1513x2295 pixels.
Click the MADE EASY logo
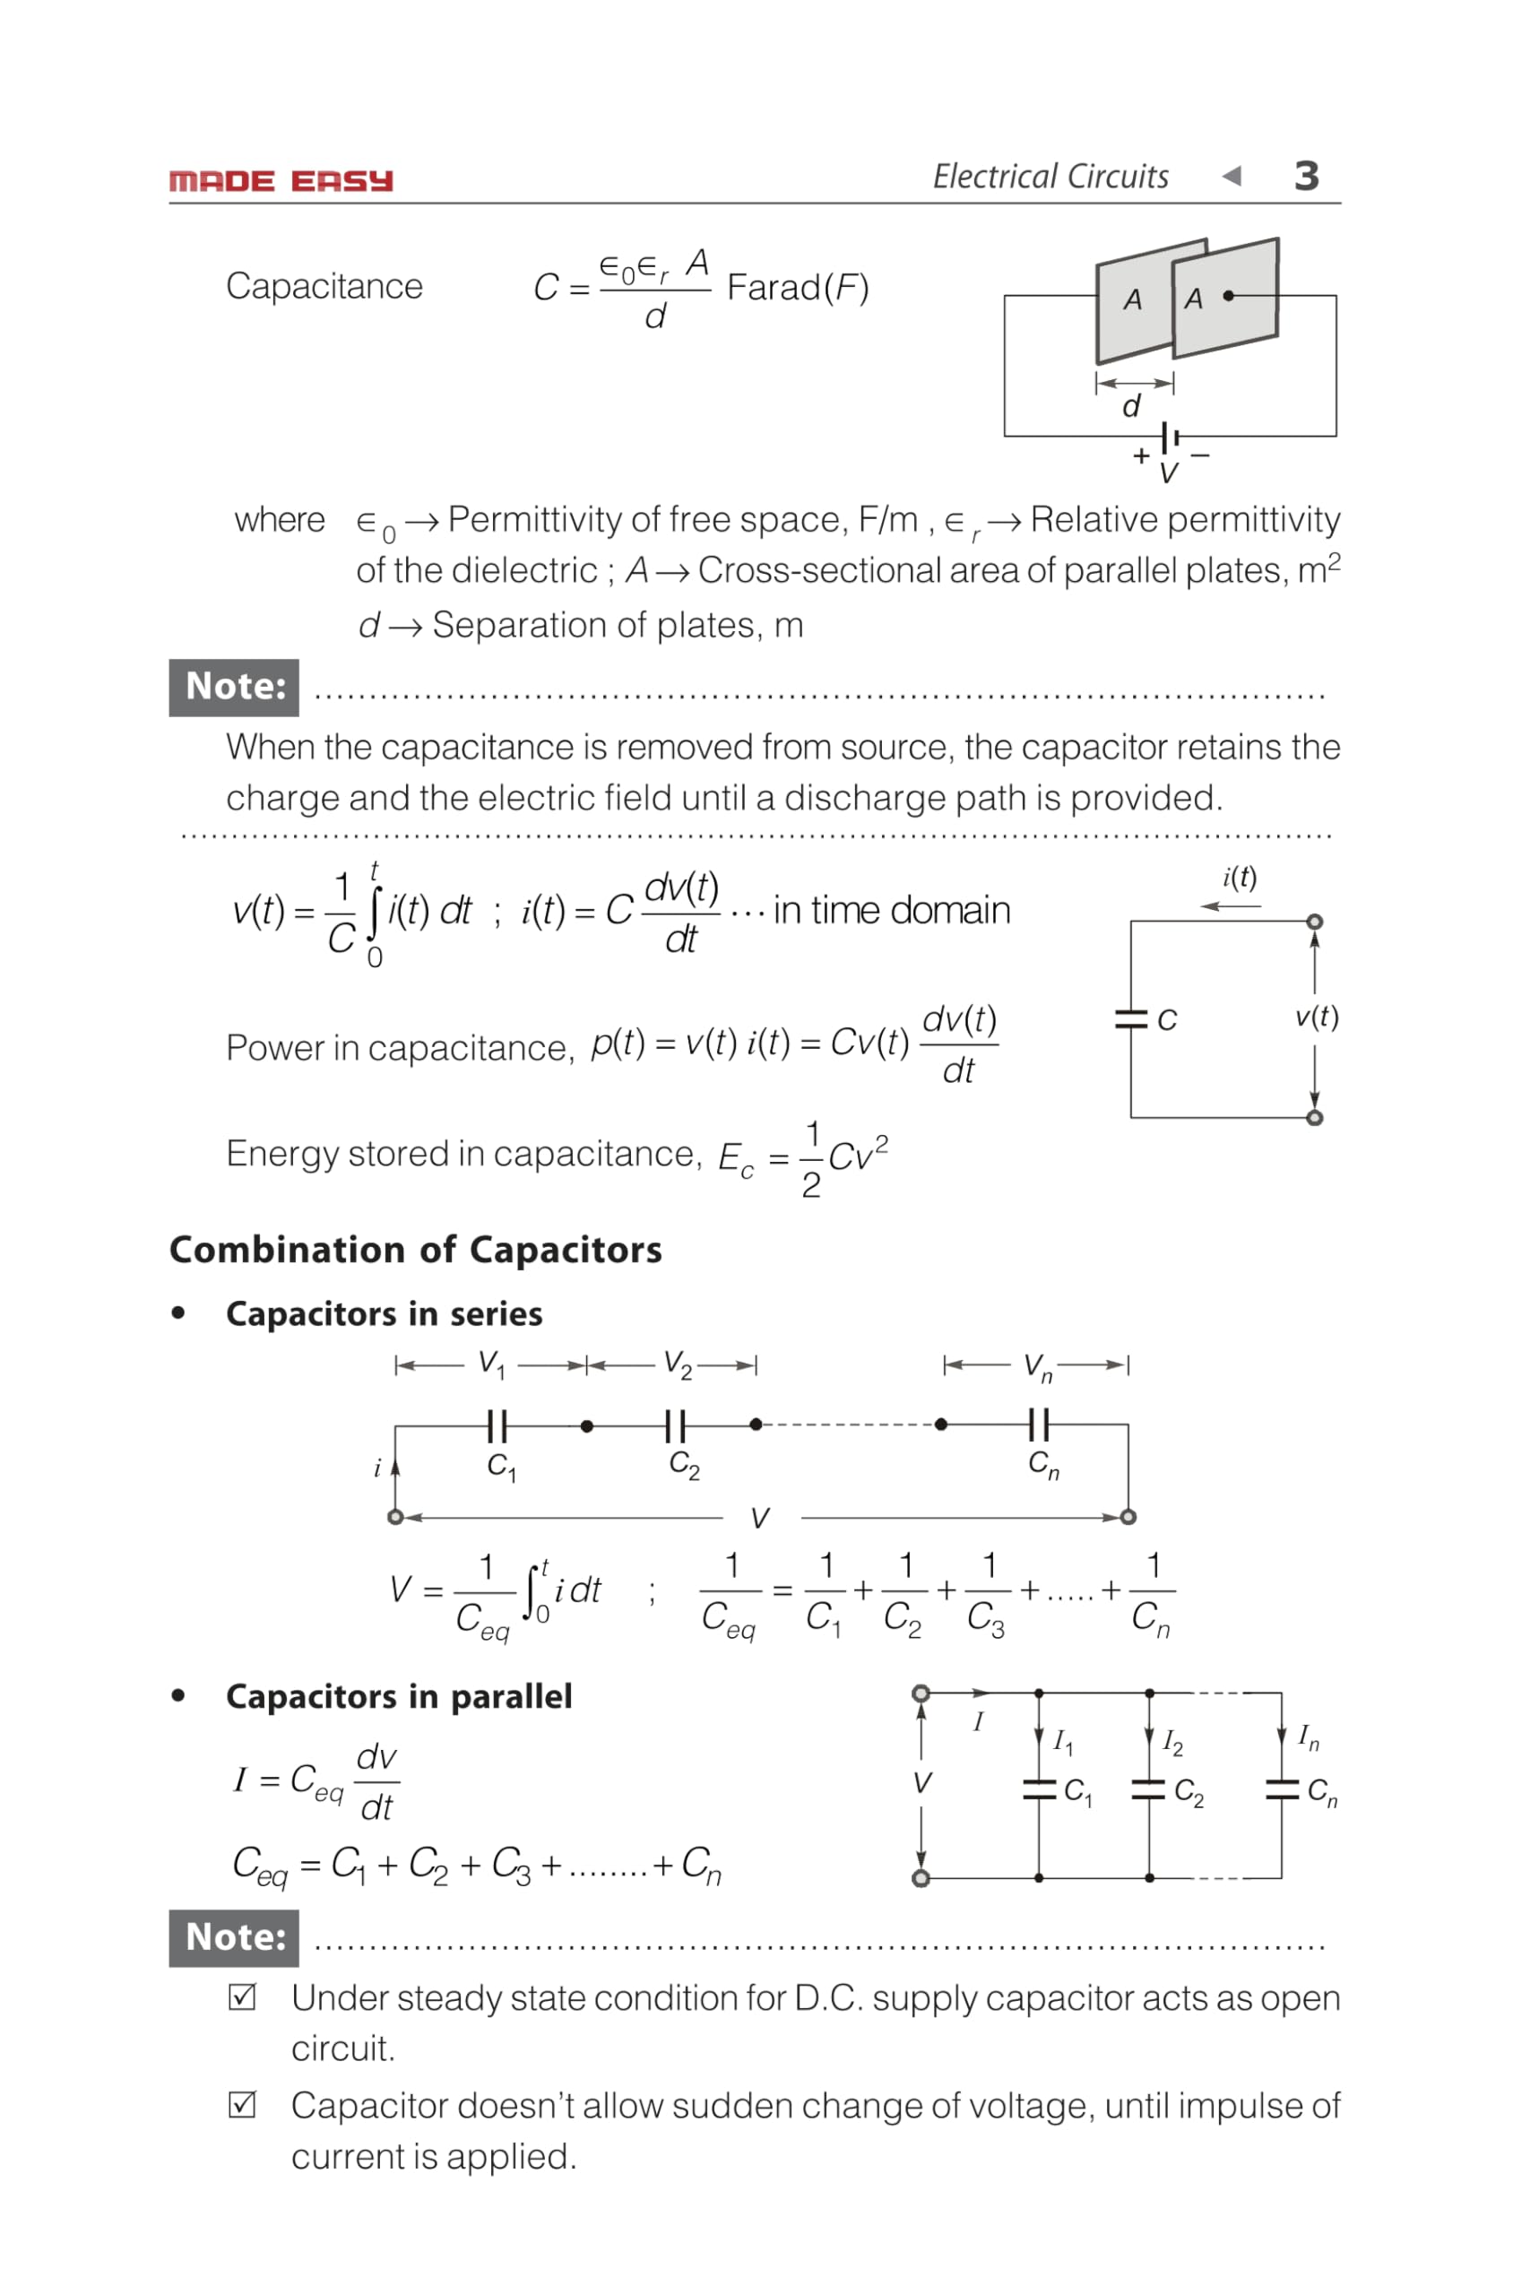[x=281, y=181]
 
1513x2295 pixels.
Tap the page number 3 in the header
[x=1307, y=177]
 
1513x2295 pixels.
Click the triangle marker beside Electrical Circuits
[x=1232, y=176]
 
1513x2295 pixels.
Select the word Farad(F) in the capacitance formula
[x=798, y=288]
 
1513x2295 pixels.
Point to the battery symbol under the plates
[x=1171, y=437]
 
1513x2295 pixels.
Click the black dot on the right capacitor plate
[x=1228, y=295]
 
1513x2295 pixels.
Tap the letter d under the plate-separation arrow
[x=1132, y=406]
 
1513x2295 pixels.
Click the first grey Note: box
[x=234, y=687]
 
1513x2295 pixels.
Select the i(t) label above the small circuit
[x=1240, y=878]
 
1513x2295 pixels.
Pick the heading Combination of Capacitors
[x=416, y=1250]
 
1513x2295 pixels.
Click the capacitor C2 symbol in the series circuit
[x=676, y=1425]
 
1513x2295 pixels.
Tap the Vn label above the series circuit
[x=1037, y=1366]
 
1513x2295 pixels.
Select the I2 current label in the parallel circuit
[x=1172, y=1742]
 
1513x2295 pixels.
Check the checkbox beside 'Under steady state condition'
[x=242, y=1996]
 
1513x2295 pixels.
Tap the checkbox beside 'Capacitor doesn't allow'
[x=242, y=2105]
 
